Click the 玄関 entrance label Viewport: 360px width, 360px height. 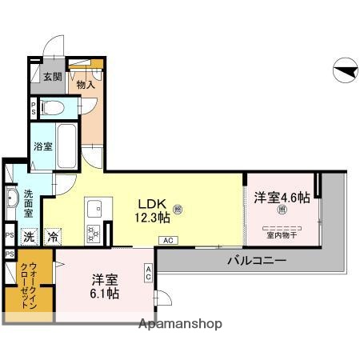(52, 77)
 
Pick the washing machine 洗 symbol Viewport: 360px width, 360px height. (29, 236)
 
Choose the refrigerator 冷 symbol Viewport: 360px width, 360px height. (52, 236)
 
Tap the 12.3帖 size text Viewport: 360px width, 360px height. (151, 217)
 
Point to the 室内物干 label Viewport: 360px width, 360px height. (282, 234)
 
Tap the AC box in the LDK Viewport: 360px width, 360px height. (168, 240)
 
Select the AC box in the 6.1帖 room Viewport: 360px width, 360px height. (149, 273)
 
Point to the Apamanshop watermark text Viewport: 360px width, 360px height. (180, 324)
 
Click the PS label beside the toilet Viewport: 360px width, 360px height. (32, 107)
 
